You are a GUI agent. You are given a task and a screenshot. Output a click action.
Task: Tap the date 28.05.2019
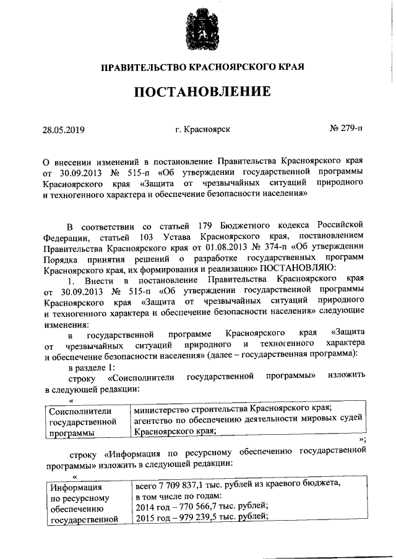(x=63, y=130)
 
